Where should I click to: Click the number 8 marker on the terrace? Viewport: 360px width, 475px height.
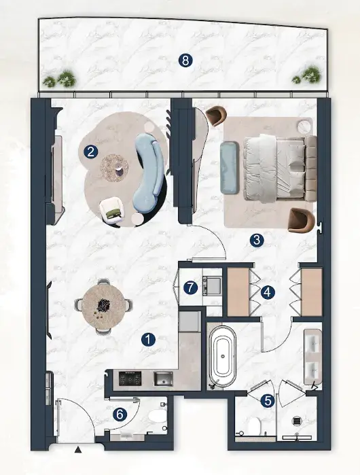click(x=185, y=60)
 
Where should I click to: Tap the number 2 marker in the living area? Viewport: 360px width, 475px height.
click(x=91, y=152)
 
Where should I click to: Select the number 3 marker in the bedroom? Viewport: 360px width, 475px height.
click(x=257, y=241)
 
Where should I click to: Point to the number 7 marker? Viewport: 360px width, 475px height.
click(x=190, y=287)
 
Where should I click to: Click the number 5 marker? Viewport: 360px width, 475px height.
click(x=268, y=401)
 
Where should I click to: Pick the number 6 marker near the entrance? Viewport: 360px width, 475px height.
click(x=120, y=415)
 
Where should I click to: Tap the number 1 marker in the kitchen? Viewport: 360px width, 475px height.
click(x=148, y=340)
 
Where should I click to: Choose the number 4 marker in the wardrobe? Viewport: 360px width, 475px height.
click(x=268, y=292)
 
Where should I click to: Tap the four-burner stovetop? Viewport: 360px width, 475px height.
click(x=130, y=379)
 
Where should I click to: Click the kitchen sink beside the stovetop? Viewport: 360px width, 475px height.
click(x=163, y=379)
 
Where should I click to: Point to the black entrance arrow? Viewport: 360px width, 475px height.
click(x=78, y=450)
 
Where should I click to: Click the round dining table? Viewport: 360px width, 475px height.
click(x=103, y=306)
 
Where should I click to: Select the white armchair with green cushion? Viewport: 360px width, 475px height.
click(x=112, y=211)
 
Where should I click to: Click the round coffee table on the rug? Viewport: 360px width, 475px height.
click(x=115, y=168)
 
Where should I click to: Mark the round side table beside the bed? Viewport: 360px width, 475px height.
click(x=304, y=126)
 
